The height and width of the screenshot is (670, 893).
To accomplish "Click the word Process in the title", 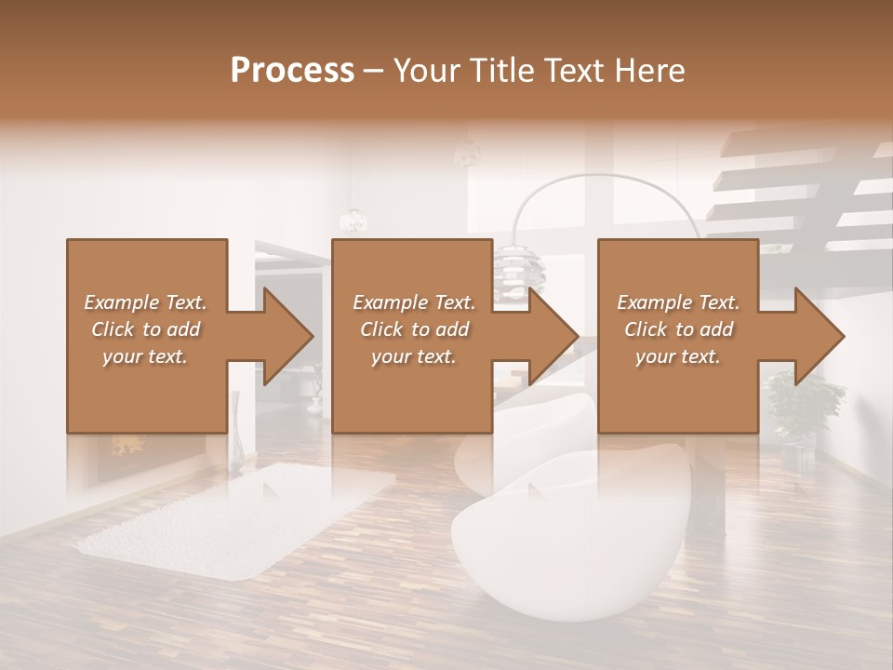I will (292, 71).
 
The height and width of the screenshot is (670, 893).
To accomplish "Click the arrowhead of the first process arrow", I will (287, 336).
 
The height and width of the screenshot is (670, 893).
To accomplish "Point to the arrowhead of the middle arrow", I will (553, 336).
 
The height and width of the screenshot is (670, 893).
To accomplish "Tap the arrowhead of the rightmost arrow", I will (820, 336).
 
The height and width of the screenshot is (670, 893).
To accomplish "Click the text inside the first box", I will (145, 329).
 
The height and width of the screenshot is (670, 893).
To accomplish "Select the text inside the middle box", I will (414, 329).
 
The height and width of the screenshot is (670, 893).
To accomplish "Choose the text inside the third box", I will (678, 329).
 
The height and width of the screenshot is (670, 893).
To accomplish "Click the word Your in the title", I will (424, 71).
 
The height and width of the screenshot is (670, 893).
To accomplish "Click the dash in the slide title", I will (373, 71).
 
